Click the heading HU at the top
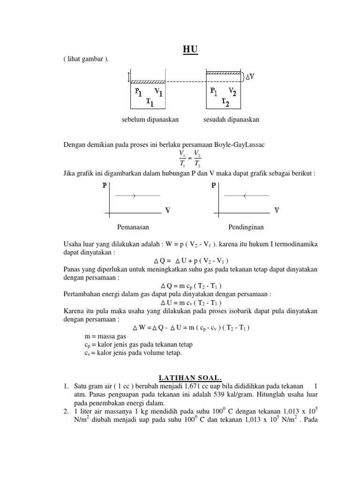190,50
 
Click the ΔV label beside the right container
250,76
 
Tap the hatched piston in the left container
148,82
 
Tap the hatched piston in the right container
225,73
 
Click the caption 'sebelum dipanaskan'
150,120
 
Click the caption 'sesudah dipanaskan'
231,120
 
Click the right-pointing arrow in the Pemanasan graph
134,195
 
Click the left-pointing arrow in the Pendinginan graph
244,195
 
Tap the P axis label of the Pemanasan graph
105,186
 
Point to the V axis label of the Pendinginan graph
277,210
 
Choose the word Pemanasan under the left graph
133,227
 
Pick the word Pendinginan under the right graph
246,227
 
